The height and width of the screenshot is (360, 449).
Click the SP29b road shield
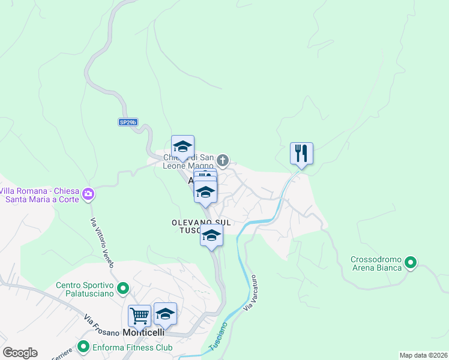tap(128, 122)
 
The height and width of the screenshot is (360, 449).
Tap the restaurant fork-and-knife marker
tap(301, 154)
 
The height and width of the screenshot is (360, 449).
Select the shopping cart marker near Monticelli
tap(139, 315)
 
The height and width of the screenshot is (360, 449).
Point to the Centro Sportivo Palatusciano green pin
tap(123, 289)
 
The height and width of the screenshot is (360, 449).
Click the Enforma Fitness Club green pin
tap(83, 347)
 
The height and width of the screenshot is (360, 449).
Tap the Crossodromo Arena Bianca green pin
tap(411, 262)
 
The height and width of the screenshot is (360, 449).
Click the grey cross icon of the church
tap(223, 160)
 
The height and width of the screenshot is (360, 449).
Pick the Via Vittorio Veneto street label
tap(101, 242)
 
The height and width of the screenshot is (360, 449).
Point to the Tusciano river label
tap(218, 337)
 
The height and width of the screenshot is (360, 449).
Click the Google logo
tap(20, 353)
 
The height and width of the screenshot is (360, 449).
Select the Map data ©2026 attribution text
tap(423, 355)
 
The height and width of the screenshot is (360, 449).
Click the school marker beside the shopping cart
tap(165, 314)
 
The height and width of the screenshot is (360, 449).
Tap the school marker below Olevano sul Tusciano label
tap(211, 235)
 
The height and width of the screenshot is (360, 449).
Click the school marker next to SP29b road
tap(182, 147)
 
